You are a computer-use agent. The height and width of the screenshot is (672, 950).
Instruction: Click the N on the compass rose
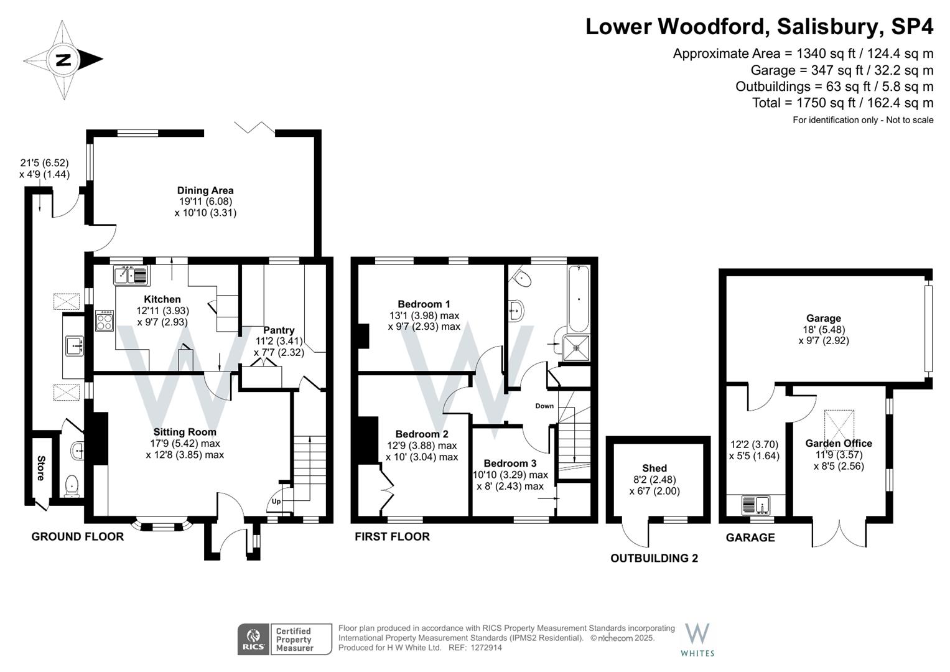click(x=63, y=60)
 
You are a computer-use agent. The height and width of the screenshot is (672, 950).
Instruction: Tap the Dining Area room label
click(x=205, y=190)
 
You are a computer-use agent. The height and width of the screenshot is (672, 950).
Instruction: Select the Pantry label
click(x=279, y=330)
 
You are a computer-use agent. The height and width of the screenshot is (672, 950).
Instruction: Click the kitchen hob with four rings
click(x=105, y=321)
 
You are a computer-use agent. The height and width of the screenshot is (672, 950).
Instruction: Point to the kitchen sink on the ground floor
click(x=131, y=275)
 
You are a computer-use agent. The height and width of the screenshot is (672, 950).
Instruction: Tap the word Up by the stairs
click(x=276, y=502)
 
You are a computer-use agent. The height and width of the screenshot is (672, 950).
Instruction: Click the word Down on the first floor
click(x=544, y=406)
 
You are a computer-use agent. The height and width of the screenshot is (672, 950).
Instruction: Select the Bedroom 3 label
click(x=510, y=464)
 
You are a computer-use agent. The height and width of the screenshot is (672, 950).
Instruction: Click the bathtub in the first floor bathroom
click(x=579, y=299)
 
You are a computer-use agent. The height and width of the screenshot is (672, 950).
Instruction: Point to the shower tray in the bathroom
click(x=576, y=348)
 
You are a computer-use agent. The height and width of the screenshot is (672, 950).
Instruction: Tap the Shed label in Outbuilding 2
click(x=654, y=468)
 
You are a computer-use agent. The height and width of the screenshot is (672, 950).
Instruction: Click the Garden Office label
click(x=839, y=443)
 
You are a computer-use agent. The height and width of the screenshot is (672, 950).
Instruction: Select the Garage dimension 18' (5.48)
click(x=824, y=330)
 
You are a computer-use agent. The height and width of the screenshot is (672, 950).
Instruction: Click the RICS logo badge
click(x=253, y=640)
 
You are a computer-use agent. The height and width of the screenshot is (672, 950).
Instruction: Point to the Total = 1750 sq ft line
click(x=843, y=103)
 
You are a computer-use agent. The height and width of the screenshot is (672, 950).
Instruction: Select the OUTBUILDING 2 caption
click(x=654, y=558)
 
